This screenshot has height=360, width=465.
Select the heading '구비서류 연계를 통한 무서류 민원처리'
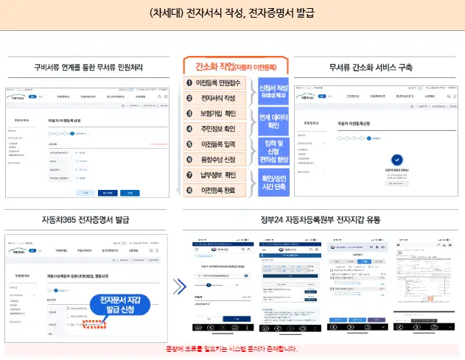point(88,68)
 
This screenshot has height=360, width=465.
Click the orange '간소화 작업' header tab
point(236,66)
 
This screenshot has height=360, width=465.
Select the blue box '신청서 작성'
point(273,91)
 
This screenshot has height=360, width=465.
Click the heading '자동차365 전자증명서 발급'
point(89,219)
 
